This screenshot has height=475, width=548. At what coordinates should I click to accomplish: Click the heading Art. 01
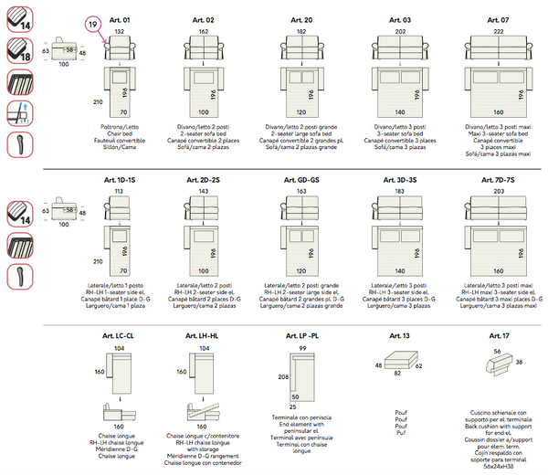click(x=122, y=19)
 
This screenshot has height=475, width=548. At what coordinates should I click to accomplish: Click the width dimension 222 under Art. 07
click(x=498, y=31)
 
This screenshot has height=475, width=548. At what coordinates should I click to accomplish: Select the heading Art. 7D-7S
click(x=498, y=180)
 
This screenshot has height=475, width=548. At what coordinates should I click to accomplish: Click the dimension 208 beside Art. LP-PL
click(x=282, y=376)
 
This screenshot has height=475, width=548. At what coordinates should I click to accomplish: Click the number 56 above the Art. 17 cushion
click(x=497, y=351)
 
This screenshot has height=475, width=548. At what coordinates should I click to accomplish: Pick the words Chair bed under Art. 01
click(x=121, y=132)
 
